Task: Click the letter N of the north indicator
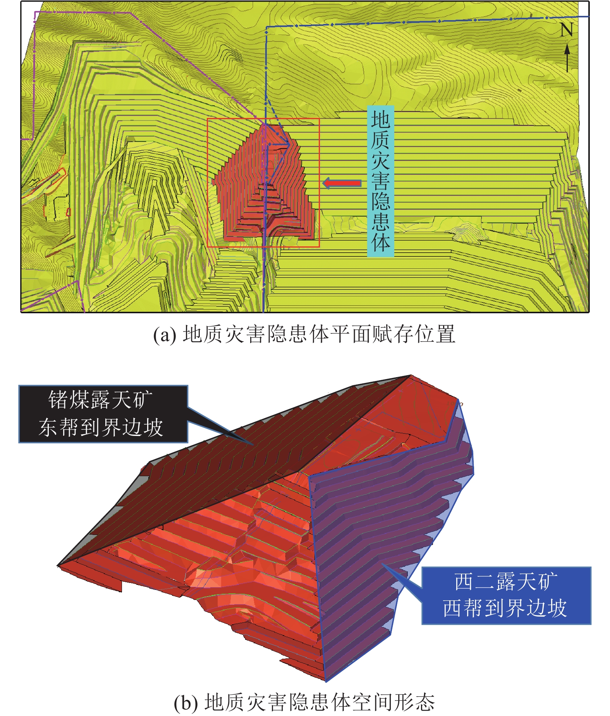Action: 566,30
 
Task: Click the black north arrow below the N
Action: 567,58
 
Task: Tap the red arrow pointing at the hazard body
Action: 342,183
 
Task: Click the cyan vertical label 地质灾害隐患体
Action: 380,181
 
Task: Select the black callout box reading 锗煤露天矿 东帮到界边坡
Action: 103,414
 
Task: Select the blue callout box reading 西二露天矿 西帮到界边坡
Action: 506,595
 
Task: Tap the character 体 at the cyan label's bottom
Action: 380,243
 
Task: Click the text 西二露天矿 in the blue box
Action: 506,581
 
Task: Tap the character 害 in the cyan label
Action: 380,181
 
